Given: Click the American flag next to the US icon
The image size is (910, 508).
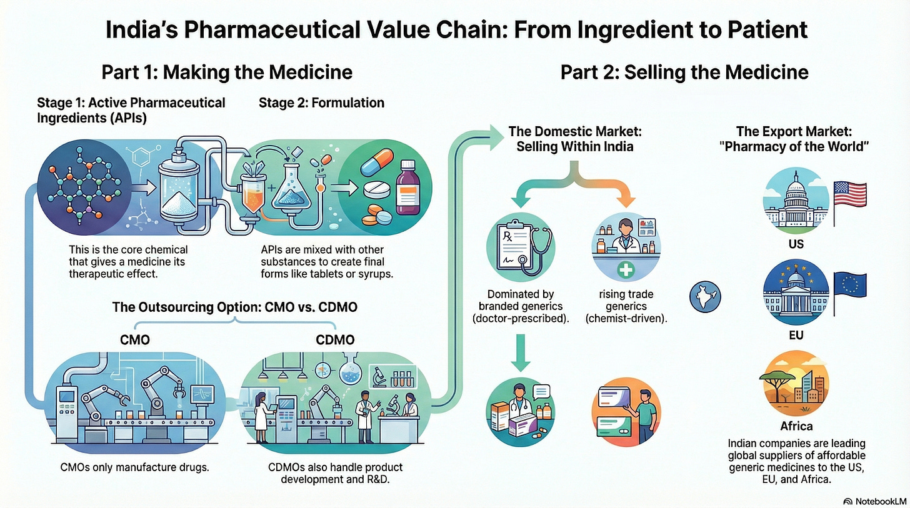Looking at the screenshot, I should coord(850,194).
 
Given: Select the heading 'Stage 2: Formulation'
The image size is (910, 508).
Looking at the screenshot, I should coord(321,102).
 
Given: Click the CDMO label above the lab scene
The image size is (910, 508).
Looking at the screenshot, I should coord(336,340).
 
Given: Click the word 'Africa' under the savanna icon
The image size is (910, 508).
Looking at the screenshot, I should coord(796,426).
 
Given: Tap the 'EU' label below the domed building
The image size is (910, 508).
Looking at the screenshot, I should coord(796,335).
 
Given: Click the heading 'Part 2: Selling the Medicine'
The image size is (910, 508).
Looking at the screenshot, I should coord(684,72).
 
